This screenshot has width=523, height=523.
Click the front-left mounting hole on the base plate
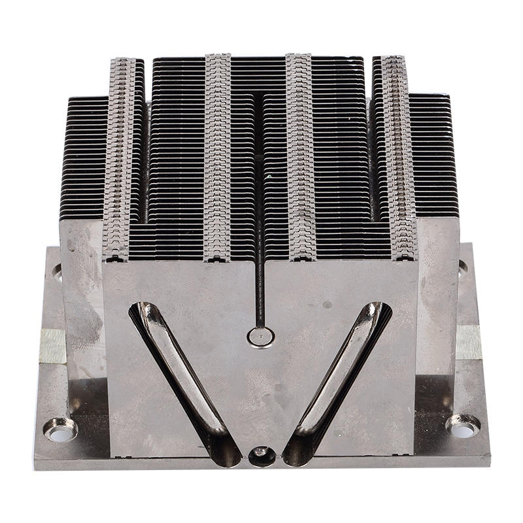coord(60,431)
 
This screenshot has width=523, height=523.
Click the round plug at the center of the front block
coord(261,337)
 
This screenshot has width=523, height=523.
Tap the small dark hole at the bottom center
coord(262,455)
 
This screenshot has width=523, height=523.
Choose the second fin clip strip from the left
coord(218,157)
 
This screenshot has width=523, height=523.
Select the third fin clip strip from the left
coord(301,157)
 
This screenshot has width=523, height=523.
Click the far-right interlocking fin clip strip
coord(399,157)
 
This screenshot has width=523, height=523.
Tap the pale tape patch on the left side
coord(52,345)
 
